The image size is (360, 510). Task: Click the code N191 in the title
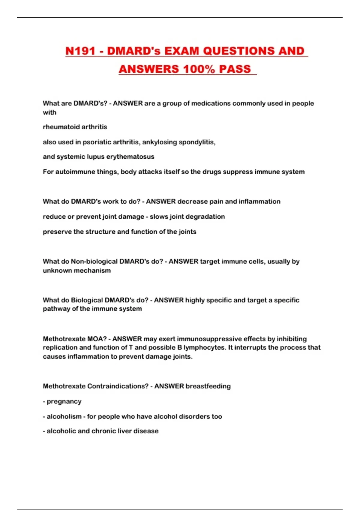coord(80,51)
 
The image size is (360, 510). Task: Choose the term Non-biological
coord(94,261)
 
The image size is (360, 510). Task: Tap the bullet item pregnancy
coord(64,401)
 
